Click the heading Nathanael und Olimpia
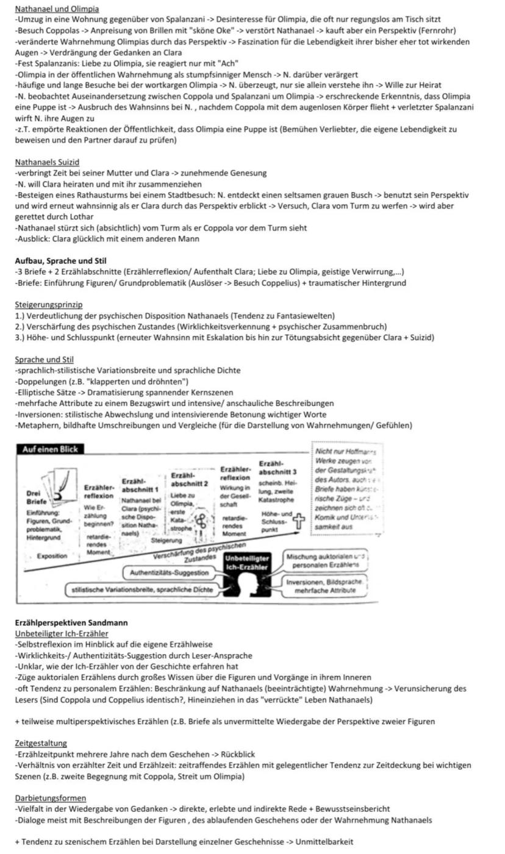pyautogui.click(x=57, y=9)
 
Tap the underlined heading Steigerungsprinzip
pyautogui.click(x=49, y=304)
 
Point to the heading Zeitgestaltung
pyautogui.click(x=41, y=743)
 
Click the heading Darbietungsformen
pyautogui.click(x=51, y=798)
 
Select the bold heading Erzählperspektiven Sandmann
pyautogui.click(x=71, y=622)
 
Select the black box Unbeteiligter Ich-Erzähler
pyautogui.click(x=247, y=563)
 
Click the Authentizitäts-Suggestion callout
pyautogui.click(x=168, y=573)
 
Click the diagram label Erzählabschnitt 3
pyautogui.click(x=278, y=468)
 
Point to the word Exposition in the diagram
pyautogui.click(x=52, y=556)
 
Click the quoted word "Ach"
pyautogui.click(x=229, y=63)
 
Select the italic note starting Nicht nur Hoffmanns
pyautogui.click(x=346, y=489)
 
